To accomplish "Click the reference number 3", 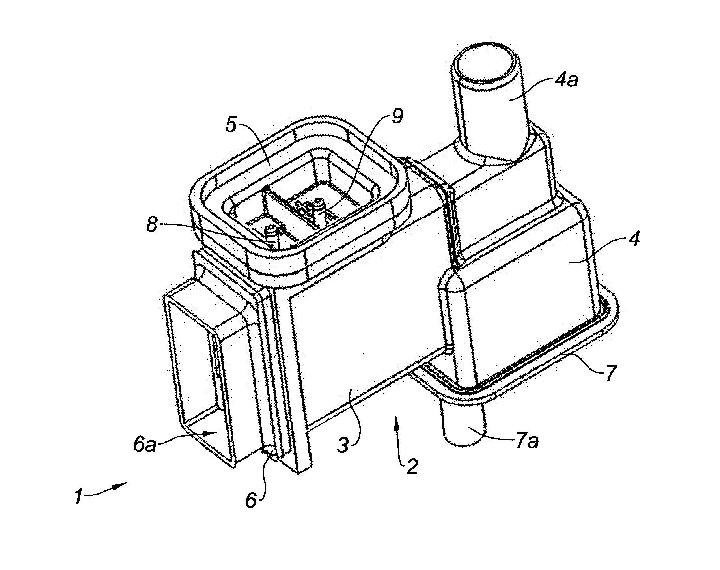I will (x=343, y=445).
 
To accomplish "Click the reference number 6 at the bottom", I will (x=251, y=500).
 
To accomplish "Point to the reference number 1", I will (x=78, y=496).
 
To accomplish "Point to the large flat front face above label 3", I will (x=363, y=308).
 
